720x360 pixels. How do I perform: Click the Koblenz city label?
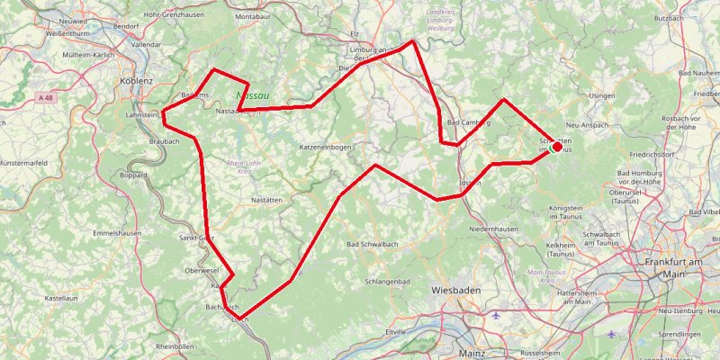click(137, 80)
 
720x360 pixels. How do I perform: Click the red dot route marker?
click(556, 146)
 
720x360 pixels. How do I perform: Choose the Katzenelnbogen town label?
click(325, 146)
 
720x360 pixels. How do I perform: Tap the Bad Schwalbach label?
click(373, 244)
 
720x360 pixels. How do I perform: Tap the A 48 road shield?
click(47, 96)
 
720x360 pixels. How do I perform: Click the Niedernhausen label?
click(494, 229)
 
